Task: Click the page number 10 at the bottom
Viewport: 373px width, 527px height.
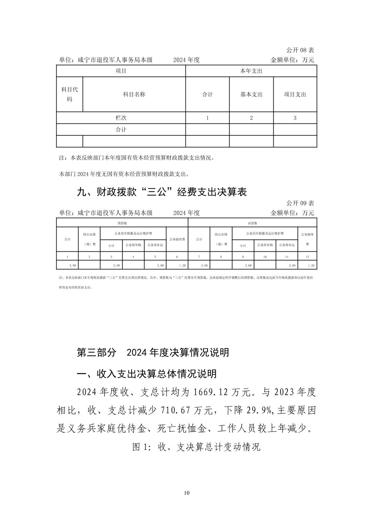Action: [187, 493]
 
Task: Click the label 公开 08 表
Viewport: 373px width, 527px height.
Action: [300, 51]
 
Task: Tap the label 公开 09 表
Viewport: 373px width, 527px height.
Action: [300, 203]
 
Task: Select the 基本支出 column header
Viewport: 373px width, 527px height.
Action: [251, 94]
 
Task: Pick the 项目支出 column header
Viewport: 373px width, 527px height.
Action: [295, 94]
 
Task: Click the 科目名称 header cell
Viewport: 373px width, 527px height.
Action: [134, 94]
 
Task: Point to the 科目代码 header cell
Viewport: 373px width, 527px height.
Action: [69, 94]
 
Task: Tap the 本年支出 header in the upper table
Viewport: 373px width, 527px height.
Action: [251, 71]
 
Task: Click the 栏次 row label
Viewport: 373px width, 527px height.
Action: [121, 118]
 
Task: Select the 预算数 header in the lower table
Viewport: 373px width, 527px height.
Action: [122, 223]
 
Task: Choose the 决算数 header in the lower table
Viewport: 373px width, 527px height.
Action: [252, 223]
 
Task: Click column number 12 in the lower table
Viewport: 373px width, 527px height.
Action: [307, 257]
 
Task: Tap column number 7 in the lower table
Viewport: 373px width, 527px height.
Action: [199, 257]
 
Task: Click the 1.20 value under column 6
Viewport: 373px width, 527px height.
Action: [182, 265]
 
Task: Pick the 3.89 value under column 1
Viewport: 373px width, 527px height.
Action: [73, 265]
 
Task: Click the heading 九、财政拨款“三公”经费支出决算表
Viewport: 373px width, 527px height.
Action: [161, 192]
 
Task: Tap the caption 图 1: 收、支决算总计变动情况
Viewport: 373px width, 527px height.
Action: [196, 447]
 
